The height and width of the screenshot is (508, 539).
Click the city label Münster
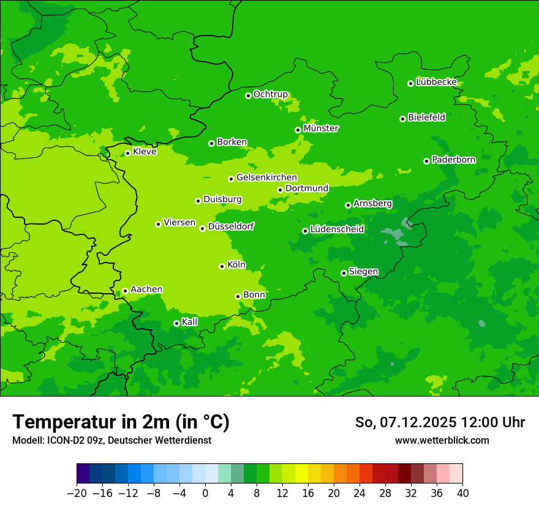pos(321,129)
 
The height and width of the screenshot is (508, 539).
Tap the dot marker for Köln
pos(222,266)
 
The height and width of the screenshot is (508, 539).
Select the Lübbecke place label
pos(436,82)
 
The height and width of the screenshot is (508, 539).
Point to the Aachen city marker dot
pos(125,291)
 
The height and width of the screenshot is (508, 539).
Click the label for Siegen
pos(363,272)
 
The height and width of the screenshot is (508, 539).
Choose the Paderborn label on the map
pos(453,160)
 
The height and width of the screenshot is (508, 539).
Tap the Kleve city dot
pos(127,153)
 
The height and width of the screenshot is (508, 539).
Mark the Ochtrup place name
pos(270,94)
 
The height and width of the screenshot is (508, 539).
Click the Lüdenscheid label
pos(337,230)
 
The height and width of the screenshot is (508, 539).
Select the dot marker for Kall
pos(176,323)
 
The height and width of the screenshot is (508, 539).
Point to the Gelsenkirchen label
pos(266,177)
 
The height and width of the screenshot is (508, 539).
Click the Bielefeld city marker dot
pos(402,119)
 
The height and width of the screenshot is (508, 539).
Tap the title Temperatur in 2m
pos(121,422)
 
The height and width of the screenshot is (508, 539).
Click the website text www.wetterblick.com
pos(442,440)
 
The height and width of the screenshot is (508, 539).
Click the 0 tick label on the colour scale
pos(205,493)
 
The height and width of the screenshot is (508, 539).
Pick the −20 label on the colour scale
pos(77,493)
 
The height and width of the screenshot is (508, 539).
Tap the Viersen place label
pos(179,223)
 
